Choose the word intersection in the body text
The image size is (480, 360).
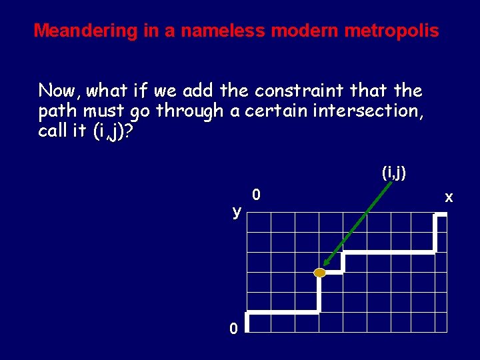(x=367, y=111)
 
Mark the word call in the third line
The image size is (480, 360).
(x=52, y=131)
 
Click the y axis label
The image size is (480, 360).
(x=237, y=212)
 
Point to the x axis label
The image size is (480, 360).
(x=449, y=197)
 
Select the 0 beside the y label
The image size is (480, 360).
(x=257, y=195)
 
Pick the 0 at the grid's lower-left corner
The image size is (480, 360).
(x=233, y=329)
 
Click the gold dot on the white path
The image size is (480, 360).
(x=320, y=273)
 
